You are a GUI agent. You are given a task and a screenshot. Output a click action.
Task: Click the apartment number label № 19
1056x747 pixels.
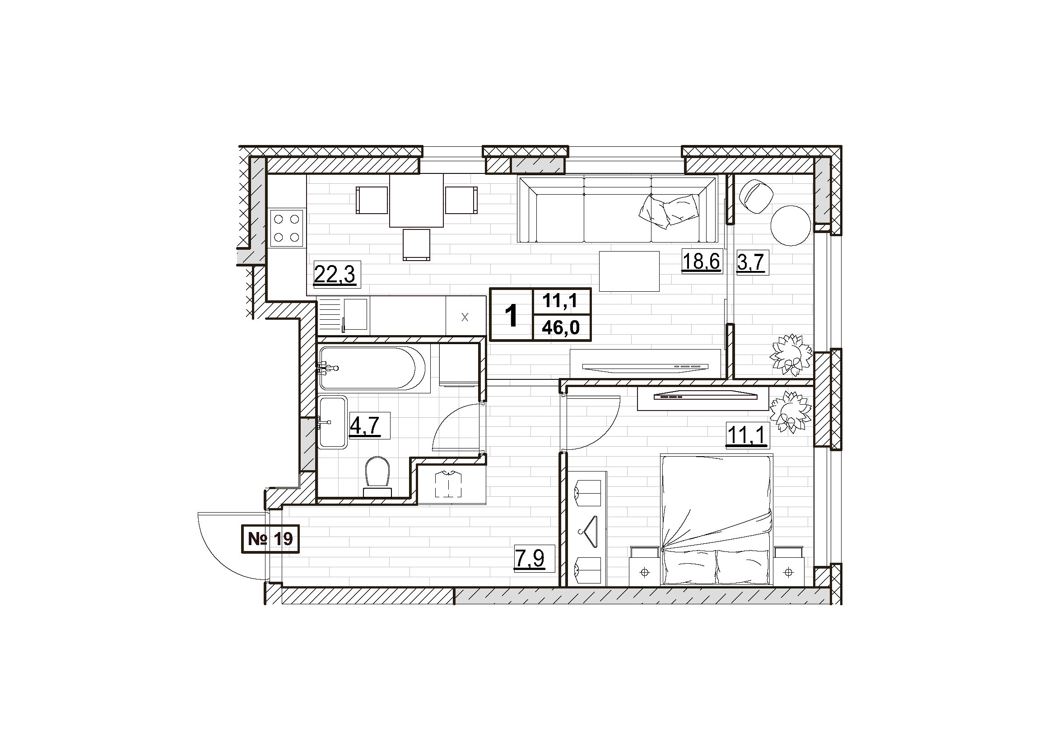pos(270,539)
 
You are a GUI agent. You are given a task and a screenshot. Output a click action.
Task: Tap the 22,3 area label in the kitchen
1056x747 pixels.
pos(335,275)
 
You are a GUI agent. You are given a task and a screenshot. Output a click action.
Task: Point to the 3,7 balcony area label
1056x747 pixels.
pos(751,263)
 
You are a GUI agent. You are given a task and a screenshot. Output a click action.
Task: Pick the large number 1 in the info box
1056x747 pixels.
pos(511,316)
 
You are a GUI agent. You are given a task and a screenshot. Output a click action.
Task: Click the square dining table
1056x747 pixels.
pos(417,200)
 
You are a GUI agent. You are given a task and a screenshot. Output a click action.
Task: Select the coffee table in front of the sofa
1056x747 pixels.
pos(629,271)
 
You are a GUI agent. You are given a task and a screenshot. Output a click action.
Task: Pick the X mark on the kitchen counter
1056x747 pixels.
pos(465,317)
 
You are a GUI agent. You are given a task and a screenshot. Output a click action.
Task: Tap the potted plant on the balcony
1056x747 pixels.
pos(791,355)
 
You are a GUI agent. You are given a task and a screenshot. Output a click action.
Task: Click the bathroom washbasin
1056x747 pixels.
pos(333,422)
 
